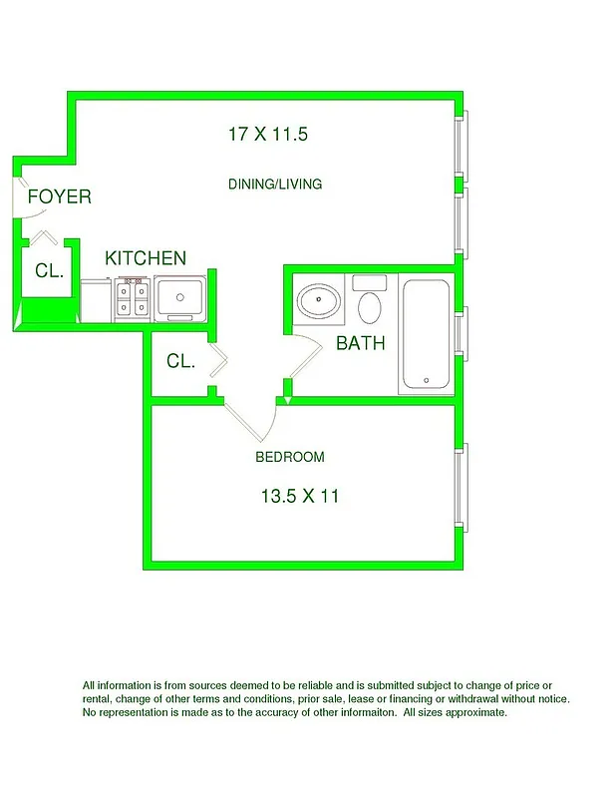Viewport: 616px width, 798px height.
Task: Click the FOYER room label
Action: click(59, 197)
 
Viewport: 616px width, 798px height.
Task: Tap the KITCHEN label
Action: click(146, 258)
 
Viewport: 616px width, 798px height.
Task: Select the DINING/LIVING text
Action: click(275, 185)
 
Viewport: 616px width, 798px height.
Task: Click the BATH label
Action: click(360, 344)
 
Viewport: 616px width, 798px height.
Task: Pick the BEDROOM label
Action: click(290, 457)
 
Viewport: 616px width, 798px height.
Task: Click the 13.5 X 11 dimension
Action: click(299, 496)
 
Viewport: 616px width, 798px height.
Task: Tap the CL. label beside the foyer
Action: click(49, 270)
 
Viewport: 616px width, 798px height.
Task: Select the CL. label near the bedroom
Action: click(180, 361)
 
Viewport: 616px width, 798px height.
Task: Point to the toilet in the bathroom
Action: click(370, 305)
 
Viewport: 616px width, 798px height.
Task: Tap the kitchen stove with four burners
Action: click(133, 298)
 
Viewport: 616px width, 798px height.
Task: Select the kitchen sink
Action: click(179, 296)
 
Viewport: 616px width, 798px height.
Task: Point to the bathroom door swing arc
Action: click(308, 354)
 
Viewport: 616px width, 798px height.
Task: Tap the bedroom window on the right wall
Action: click(460, 488)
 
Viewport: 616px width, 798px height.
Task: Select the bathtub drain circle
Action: click(426, 380)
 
